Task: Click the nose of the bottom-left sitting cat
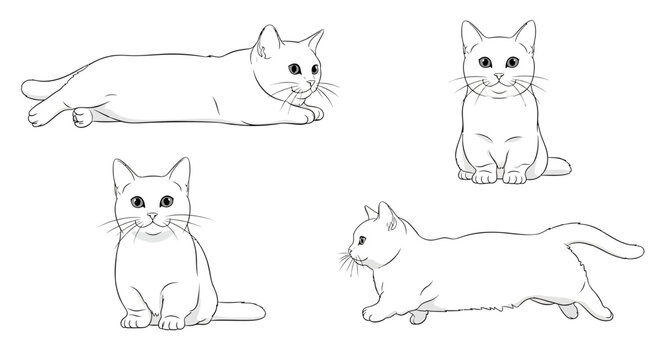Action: click(151, 216)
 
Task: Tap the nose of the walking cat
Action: click(349, 250)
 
